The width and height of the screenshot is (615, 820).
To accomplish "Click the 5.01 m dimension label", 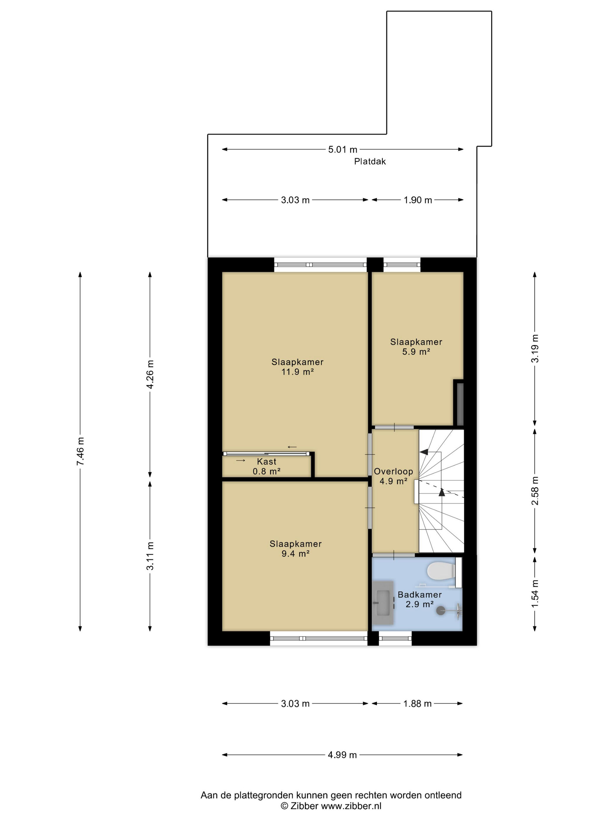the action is [343, 149].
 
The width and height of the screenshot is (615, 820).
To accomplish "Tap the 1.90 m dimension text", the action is [418, 200].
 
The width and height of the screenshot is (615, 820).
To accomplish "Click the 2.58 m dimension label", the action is [535, 491].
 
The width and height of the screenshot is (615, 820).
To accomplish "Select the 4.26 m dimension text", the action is [150, 374].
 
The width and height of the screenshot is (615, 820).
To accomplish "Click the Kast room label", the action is [266, 462].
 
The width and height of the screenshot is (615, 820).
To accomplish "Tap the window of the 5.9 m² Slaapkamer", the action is [402, 265].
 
